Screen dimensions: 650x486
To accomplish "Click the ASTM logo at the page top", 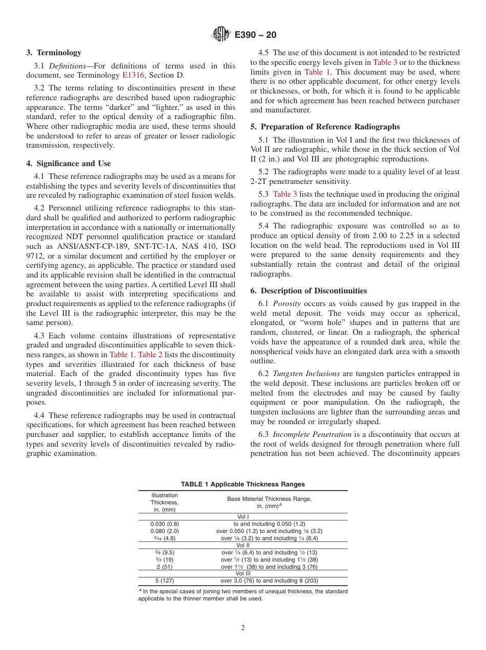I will [x=221, y=35].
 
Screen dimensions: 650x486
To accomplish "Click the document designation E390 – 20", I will [x=255, y=35].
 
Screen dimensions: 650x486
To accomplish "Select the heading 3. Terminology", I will [x=54, y=53].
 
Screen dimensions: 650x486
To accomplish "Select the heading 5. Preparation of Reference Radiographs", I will [x=325, y=127].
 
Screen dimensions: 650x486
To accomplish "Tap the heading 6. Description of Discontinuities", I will [x=308, y=291].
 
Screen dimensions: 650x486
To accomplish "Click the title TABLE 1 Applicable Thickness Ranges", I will [x=242, y=484].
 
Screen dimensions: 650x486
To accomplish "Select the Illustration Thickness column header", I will [x=164, y=502].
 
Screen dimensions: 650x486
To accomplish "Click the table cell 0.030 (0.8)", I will [x=164, y=524].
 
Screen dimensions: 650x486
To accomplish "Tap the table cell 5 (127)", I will [x=164, y=581].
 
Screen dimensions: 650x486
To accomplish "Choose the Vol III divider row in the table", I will [x=242, y=573].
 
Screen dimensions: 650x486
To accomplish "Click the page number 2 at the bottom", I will [x=243, y=628].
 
